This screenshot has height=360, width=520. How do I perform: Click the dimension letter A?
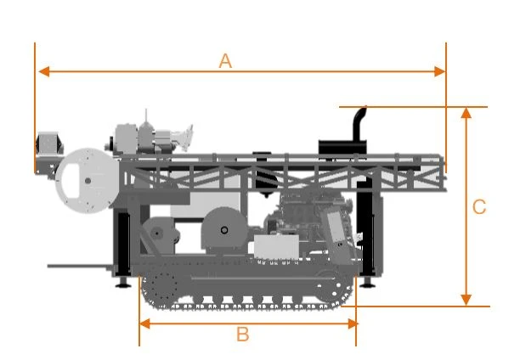pyautogui.click(x=225, y=61)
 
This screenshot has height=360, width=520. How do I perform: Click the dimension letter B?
pyautogui.click(x=243, y=335)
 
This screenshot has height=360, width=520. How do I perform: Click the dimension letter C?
pyautogui.click(x=479, y=207)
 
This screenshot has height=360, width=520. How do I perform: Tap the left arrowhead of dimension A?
pyautogui.click(x=44, y=71)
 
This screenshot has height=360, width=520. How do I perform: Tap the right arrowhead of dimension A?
pyautogui.click(x=440, y=71)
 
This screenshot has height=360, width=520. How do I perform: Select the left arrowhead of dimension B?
pyautogui.click(x=145, y=323)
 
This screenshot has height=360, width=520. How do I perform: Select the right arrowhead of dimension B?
pyautogui.click(x=353, y=323)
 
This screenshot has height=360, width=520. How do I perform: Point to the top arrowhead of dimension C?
pyautogui.click(x=466, y=113)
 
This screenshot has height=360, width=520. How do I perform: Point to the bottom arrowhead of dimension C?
pyautogui.click(x=466, y=300)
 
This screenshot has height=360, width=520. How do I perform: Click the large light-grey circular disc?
pyautogui.click(x=88, y=181)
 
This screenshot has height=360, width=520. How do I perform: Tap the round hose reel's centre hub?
pyautogui.click(x=224, y=230)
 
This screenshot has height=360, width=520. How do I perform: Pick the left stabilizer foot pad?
pyautogui.click(x=123, y=284)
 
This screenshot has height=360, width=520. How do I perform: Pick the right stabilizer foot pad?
pyautogui.click(x=367, y=284)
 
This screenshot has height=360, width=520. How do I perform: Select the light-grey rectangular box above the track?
pyautogui.click(x=276, y=246)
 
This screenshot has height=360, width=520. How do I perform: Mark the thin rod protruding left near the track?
pyautogui.click(x=80, y=267)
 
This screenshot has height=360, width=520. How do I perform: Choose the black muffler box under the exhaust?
pyautogui.click(x=342, y=147)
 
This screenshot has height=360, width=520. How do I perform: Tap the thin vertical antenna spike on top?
pyautogui.click(x=146, y=115)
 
